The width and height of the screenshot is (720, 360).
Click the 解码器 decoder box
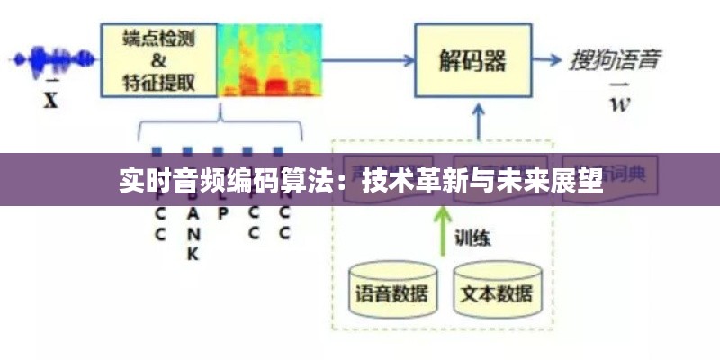(x=472, y=60)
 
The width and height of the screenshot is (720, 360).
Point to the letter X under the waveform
(x=50, y=100)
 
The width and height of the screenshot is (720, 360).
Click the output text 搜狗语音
(x=616, y=61)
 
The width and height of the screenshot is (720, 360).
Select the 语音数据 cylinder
(x=393, y=289)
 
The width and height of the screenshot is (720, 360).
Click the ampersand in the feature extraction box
(x=158, y=61)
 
